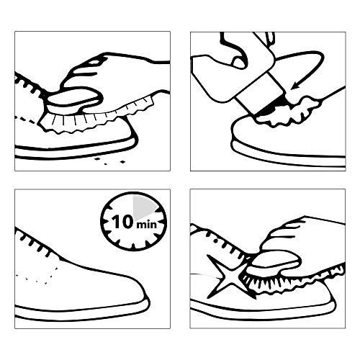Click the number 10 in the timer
click(122, 222)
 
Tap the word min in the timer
click(147, 225)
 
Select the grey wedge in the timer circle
click(143, 207)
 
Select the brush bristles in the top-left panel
click(96, 117)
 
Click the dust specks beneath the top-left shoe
click(109, 161)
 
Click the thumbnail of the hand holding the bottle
click(238, 63)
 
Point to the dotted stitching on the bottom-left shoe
click(38, 276)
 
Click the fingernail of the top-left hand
click(96, 62)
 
